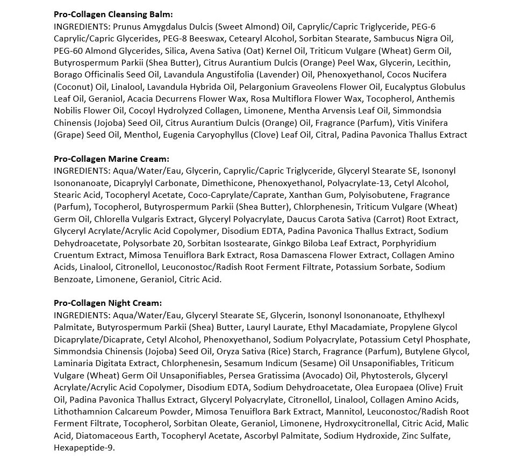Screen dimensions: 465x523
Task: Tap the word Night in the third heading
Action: coord(119,303)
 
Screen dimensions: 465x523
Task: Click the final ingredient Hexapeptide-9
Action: coord(84,448)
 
